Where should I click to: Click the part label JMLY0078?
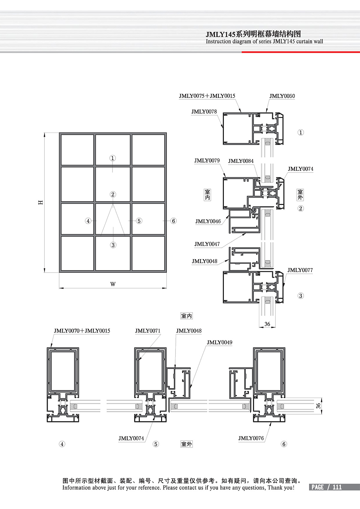pos(204,112)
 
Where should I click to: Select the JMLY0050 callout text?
pos(282,96)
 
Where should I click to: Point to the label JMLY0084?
pos(241,161)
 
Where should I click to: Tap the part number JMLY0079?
pos(207,160)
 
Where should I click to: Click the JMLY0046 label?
pos(208,221)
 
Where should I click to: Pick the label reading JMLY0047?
pos(207,244)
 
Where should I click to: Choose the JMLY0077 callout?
pos(300,270)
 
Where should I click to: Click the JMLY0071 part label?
pos(148,331)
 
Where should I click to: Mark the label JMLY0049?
pos(220,343)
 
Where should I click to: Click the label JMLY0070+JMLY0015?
pos(82,331)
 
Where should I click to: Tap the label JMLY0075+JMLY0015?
pos(207,96)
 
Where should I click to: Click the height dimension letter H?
pos(41,202)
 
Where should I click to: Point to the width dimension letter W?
pos(113,284)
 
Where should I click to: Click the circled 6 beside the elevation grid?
pos(173,221)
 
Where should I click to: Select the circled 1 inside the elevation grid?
pos(112,158)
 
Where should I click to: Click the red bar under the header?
pos(301,52)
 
